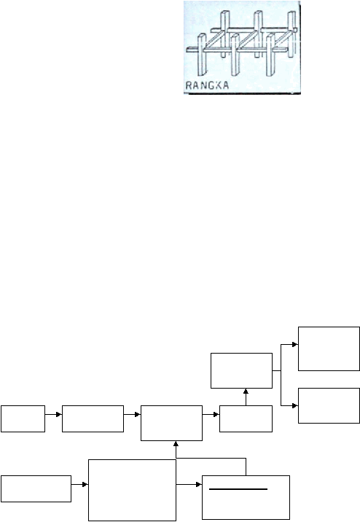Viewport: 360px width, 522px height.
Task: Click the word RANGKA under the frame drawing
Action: (207, 85)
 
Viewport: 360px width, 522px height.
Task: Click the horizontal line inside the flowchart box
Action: (238, 489)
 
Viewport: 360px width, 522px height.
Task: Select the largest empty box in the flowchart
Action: (132, 490)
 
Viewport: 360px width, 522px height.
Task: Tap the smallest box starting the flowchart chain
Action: (23, 418)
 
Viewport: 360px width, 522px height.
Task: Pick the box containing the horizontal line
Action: (246, 497)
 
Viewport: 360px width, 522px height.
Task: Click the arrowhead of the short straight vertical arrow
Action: (246, 391)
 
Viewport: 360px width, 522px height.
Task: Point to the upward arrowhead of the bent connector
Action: (176, 444)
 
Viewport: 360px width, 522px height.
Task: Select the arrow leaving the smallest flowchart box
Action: (54, 415)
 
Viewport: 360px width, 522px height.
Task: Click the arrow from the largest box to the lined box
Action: (189, 484)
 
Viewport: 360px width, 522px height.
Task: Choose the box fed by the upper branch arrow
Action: (329, 348)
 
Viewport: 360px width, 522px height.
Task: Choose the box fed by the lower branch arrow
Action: (329, 405)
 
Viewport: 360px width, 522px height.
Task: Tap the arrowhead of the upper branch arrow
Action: (295, 345)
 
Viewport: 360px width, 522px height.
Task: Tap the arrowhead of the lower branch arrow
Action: (295, 406)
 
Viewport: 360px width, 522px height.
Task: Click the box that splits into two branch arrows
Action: (241, 370)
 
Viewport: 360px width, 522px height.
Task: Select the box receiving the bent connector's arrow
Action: (171, 423)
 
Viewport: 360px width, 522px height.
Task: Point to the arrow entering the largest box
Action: (79, 484)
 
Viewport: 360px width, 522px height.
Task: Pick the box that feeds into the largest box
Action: (36, 488)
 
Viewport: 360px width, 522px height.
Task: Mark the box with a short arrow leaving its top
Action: (246, 418)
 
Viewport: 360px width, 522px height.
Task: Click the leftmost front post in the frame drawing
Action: (202, 55)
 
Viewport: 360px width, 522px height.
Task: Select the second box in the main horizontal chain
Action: (93, 418)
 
